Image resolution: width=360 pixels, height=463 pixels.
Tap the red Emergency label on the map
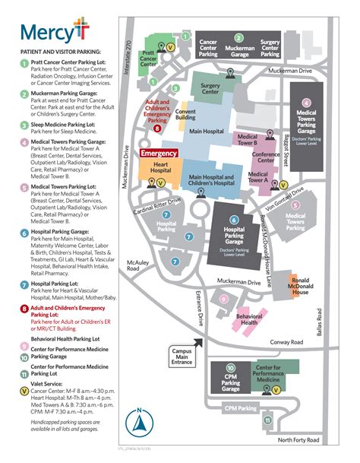[159, 154]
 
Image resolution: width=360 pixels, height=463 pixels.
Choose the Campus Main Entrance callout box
[181, 355]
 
